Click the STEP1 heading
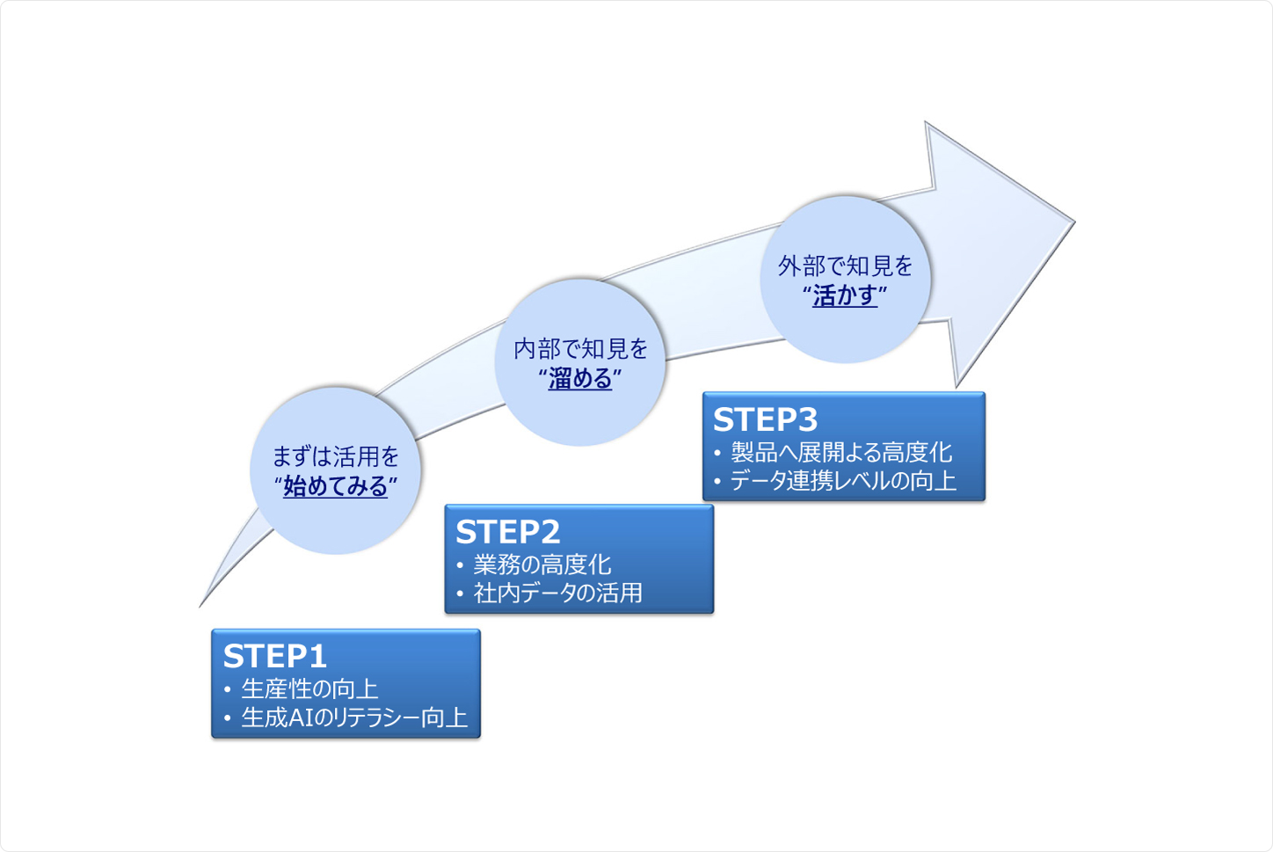[x=275, y=656]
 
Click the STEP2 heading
[x=508, y=532]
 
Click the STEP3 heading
[x=765, y=419]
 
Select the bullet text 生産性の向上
[x=309, y=688]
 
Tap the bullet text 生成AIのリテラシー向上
[x=354, y=717]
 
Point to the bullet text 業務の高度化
[x=542, y=564]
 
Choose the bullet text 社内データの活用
[x=557, y=593]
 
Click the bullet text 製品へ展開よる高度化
[x=841, y=452]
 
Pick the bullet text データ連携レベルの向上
[x=843, y=481]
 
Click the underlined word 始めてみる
[x=335, y=486]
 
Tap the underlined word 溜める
[x=580, y=379]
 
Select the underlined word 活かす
[x=845, y=295]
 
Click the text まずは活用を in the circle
[x=335, y=456]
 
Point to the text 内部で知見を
[x=580, y=349]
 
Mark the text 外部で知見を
[x=845, y=266]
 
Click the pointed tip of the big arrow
[x=1072, y=222]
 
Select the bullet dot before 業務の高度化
[x=460, y=565]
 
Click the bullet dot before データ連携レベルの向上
[x=717, y=482]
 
